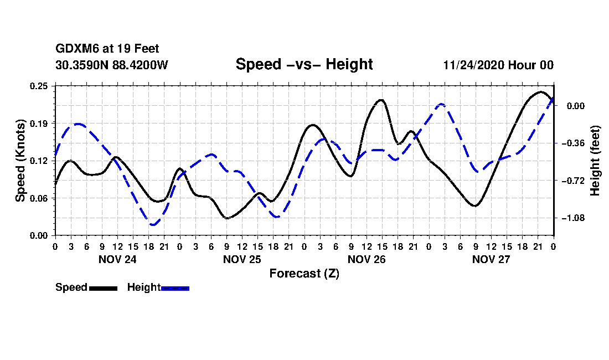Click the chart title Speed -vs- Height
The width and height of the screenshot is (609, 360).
pos(304,64)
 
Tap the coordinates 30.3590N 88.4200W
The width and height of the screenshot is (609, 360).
pos(111,65)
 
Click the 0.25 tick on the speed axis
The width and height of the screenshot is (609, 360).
pos(40,86)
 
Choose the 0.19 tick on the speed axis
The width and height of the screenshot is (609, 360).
pos(40,123)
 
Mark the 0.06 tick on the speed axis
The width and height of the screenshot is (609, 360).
pos(40,198)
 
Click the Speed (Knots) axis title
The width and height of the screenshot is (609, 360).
pos(20,161)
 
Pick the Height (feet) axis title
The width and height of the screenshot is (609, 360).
pos(595,161)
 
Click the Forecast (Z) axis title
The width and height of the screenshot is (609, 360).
pos(304,274)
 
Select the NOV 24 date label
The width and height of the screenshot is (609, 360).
pos(117,259)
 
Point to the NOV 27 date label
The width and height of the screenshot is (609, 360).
pos(491,259)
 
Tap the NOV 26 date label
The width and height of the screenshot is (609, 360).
pos(367,259)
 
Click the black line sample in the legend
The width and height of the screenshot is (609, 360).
pos(103,288)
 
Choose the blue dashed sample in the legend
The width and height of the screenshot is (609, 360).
pos(175,288)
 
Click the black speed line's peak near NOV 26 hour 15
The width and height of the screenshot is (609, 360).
pos(380,100)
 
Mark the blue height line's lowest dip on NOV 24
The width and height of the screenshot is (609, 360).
pos(153,225)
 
